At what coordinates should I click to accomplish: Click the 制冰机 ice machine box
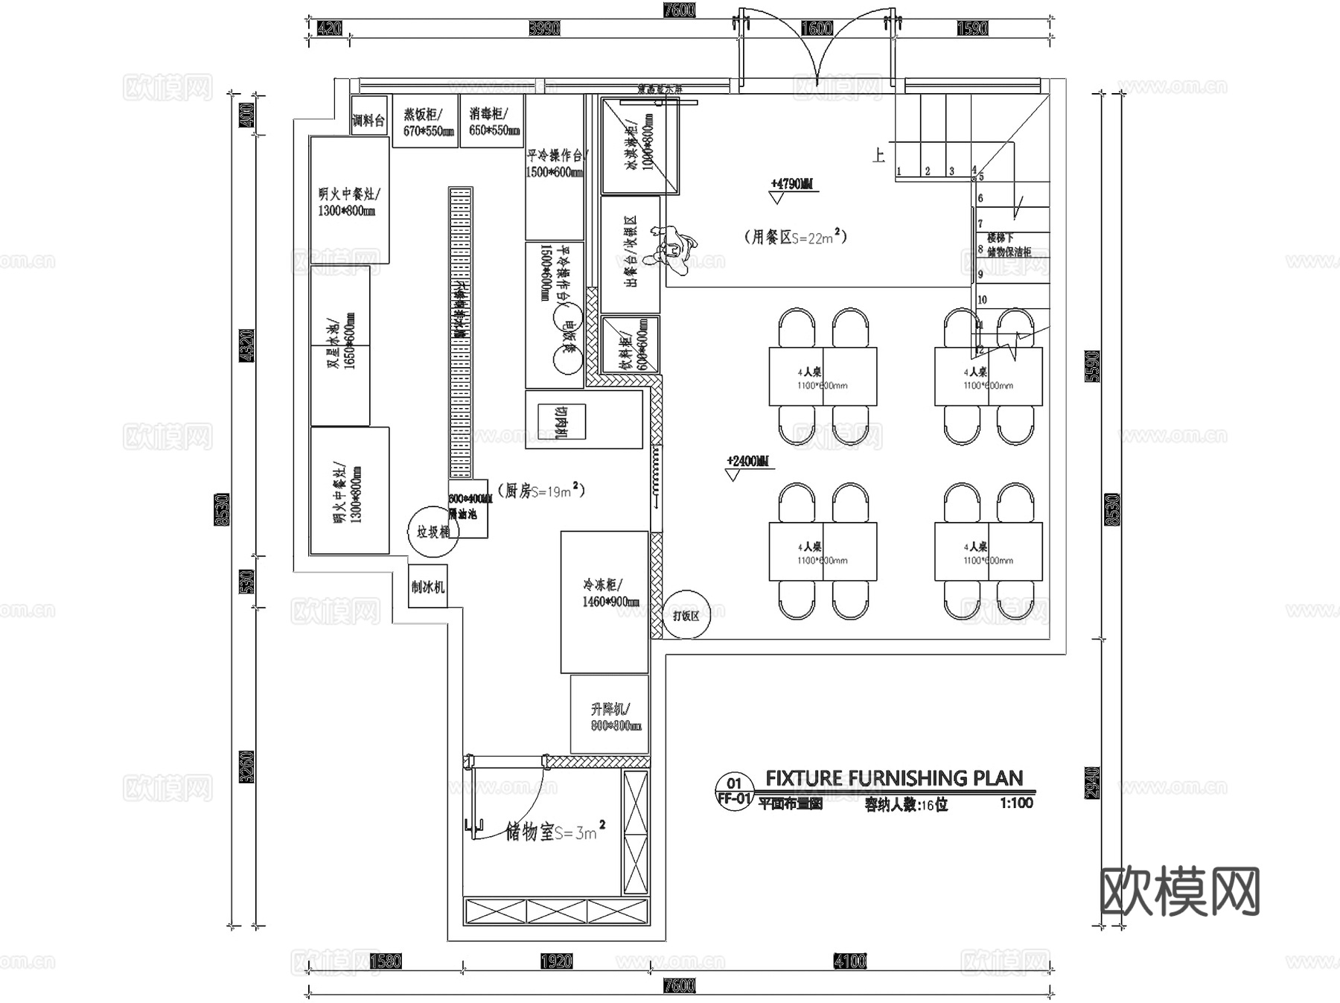pyautogui.click(x=428, y=586)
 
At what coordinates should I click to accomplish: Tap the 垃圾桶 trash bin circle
pyautogui.click(x=433, y=532)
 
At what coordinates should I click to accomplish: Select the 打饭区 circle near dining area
pyautogui.click(x=686, y=616)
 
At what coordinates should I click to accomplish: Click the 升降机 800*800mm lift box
pyautogui.click(x=610, y=715)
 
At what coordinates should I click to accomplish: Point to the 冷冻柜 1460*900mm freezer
pyautogui.click(x=604, y=602)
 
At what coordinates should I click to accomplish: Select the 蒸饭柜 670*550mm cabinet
pyautogui.click(x=424, y=121)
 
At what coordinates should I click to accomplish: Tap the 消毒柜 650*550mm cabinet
pyautogui.click(x=491, y=121)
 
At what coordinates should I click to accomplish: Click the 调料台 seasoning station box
pyautogui.click(x=368, y=116)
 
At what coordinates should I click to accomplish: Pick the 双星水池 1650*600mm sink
pyautogui.click(x=339, y=346)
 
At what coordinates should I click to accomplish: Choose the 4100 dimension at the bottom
pyautogui.click(x=849, y=961)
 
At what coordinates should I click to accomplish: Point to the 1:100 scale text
pyautogui.click(x=1016, y=803)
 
